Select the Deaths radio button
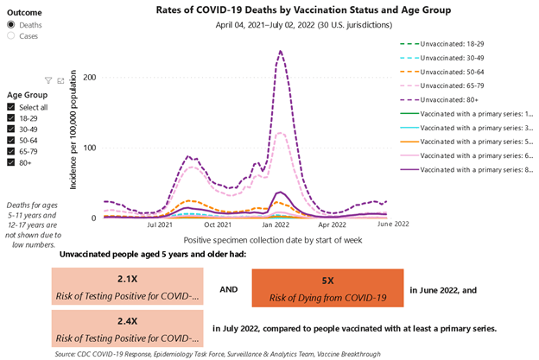pos(11,25)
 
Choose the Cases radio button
pos(11,36)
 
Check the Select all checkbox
pos(11,106)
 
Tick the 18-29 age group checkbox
pos(11,117)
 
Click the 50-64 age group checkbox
pos(11,139)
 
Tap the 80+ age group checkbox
pos(11,161)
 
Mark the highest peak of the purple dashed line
pos(280,51)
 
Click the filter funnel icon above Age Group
pos(48,80)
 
